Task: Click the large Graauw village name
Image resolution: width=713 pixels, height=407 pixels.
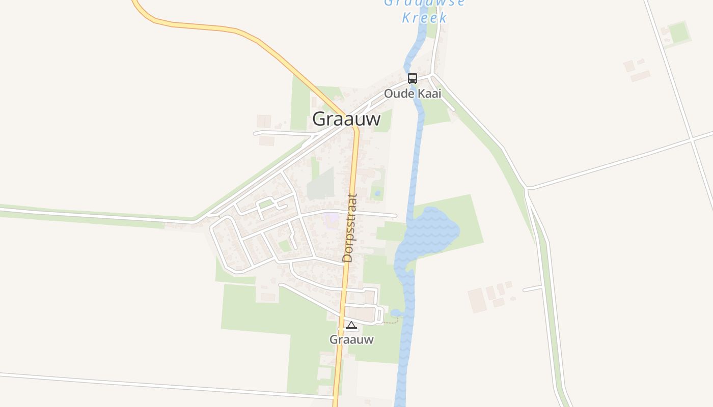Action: (x=346, y=119)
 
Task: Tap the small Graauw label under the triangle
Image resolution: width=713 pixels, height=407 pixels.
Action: (x=351, y=339)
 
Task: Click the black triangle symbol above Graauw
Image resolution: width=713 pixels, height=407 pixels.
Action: (x=351, y=326)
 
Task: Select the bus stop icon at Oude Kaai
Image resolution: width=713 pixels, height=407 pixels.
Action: (x=413, y=78)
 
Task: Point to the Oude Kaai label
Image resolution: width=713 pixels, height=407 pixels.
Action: (x=413, y=94)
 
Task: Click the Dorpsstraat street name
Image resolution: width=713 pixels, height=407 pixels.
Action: (x=350, y=228)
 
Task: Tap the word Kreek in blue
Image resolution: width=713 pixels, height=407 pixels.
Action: (x=424, y=18)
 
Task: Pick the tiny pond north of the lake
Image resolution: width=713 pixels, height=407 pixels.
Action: (x=377, y=193)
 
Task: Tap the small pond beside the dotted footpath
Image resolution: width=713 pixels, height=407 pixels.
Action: (x=396, y=313)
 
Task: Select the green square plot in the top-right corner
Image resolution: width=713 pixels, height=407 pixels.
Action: (x=679, y=33)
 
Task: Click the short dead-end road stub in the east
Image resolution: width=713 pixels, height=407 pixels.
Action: (x=532, y=288)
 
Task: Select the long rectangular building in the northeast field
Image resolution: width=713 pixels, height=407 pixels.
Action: (x=640, y=76)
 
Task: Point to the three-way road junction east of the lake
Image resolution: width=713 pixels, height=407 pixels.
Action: (x=527, y=189)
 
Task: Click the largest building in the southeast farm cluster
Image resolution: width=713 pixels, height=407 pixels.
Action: (x=477, y=300)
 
